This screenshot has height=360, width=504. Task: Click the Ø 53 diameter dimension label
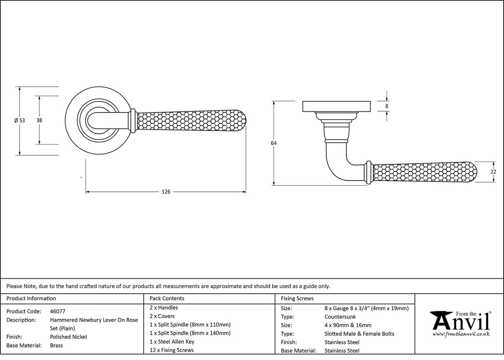pos(20,120)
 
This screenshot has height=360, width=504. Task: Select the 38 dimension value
pos(39,120)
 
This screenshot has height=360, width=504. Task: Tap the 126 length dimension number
pos(166,192)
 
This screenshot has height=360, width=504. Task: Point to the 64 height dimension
pos(274,143)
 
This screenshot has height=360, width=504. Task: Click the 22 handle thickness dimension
pos(493,171)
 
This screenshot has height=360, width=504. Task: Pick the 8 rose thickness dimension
pos(387,106)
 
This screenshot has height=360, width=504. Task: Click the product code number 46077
pos(57,311)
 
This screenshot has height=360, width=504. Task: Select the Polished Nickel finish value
pos(69,337)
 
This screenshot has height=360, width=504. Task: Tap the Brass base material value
pos(56,345)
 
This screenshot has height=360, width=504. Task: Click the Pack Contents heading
pos(167,298)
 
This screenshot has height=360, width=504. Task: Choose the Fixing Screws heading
pos(297,298)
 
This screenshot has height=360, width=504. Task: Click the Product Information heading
pos(31,298)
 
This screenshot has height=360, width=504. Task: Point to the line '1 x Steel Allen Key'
pos(172,342)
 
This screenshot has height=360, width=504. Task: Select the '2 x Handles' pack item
pos(164,308)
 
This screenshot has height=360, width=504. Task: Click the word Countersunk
pos(340,317)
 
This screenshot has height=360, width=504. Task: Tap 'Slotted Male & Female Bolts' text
pos(359,334)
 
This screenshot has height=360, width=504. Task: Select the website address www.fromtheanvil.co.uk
pos(461,334)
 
